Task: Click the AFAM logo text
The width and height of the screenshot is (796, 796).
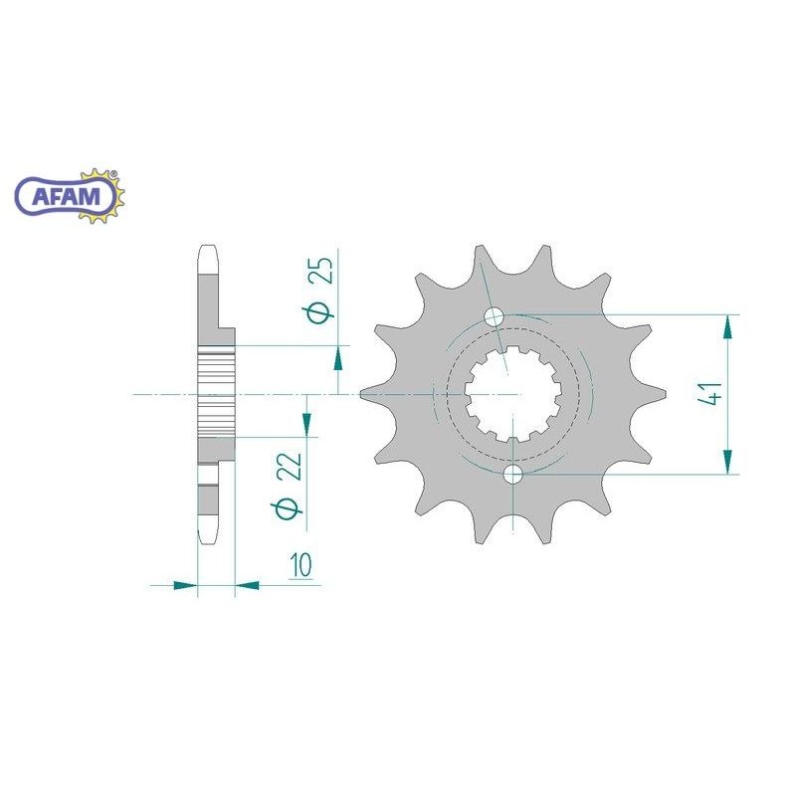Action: tap(66, 196)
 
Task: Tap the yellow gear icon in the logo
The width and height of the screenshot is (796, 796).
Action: tap(103, 196)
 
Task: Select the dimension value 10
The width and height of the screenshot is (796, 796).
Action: tap(300, 565)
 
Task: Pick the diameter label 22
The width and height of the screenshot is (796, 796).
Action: tap(289, 485)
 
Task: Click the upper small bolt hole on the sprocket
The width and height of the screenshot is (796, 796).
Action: tap(494, 317)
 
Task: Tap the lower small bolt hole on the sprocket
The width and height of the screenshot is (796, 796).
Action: tap(513, 475)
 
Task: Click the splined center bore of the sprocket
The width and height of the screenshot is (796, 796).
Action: tap(513, 394)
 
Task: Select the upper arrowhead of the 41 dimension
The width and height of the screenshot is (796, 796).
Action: tap(727, 327)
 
